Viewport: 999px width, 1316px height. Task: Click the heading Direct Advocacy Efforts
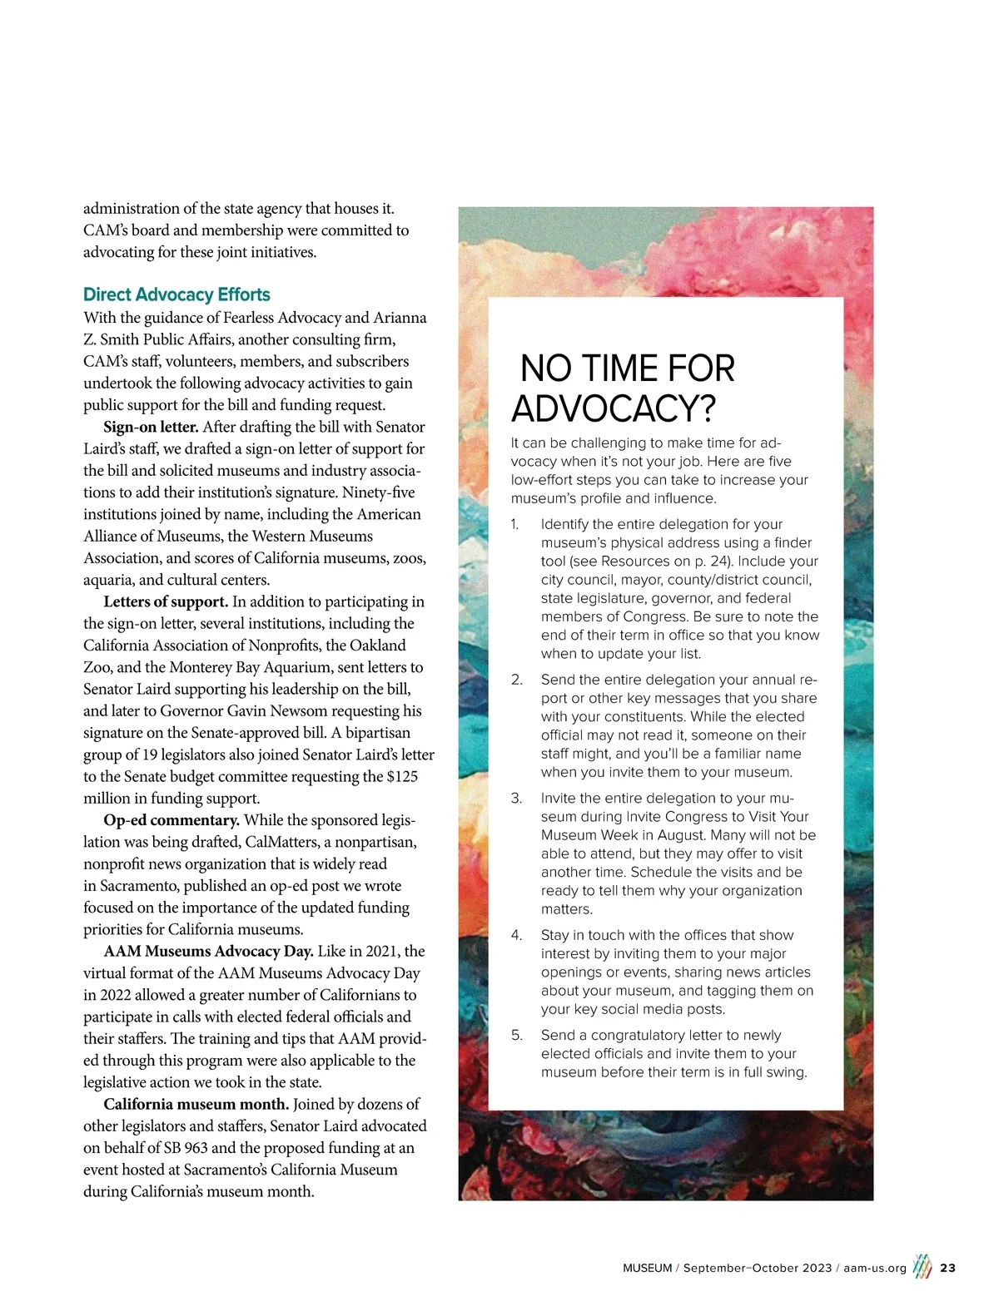pyautogui.click(x=176, y=294)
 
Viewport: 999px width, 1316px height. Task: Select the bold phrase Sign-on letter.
pyautogui.click(x=151, y=427)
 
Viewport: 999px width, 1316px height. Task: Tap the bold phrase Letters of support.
pyautogui.click(x=166, y=601)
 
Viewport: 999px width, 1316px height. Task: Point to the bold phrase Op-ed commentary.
pyautogui.click(x=171, y=820)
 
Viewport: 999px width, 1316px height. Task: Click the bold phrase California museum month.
pyautogui.click(x=196, y=1104)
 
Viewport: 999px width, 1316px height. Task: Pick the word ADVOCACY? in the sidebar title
pyautogui.click(x=614, y=408)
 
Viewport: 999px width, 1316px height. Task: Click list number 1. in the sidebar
pyautogui.click(x=515, y=524)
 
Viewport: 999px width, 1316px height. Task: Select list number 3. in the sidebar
pyautogui.click(x=516, y=799)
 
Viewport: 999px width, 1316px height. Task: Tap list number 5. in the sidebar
pyautogui.click(x=517, y=1036)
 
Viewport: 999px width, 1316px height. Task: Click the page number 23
pyautogui.click(x=947, y=1269)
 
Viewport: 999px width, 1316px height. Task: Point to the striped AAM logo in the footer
pyautogui.click(x=922, y=1267)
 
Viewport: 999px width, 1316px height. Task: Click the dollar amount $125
pyautogui.click(x=403, y=776)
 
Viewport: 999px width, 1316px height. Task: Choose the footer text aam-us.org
pyautogui.click(x=874, y=1269)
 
